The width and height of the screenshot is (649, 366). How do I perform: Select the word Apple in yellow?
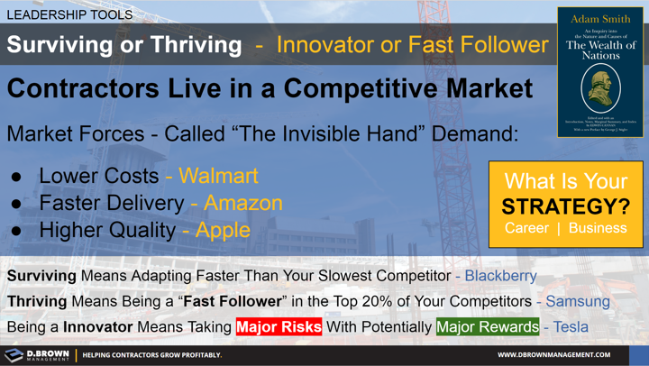point(221,230)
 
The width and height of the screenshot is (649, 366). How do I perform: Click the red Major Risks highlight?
point(279,326)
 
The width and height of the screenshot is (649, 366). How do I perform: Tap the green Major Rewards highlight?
point(487,326)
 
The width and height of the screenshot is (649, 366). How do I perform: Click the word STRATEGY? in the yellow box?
point(565,206)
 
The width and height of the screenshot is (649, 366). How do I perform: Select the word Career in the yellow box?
point(526,229)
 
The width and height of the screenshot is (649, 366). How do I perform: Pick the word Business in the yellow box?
point(598,229)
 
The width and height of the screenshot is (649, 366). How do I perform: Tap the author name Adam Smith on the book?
point(601,18)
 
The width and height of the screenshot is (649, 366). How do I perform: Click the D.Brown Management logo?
point(36,354)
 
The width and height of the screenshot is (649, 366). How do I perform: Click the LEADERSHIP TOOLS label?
point(69,14)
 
